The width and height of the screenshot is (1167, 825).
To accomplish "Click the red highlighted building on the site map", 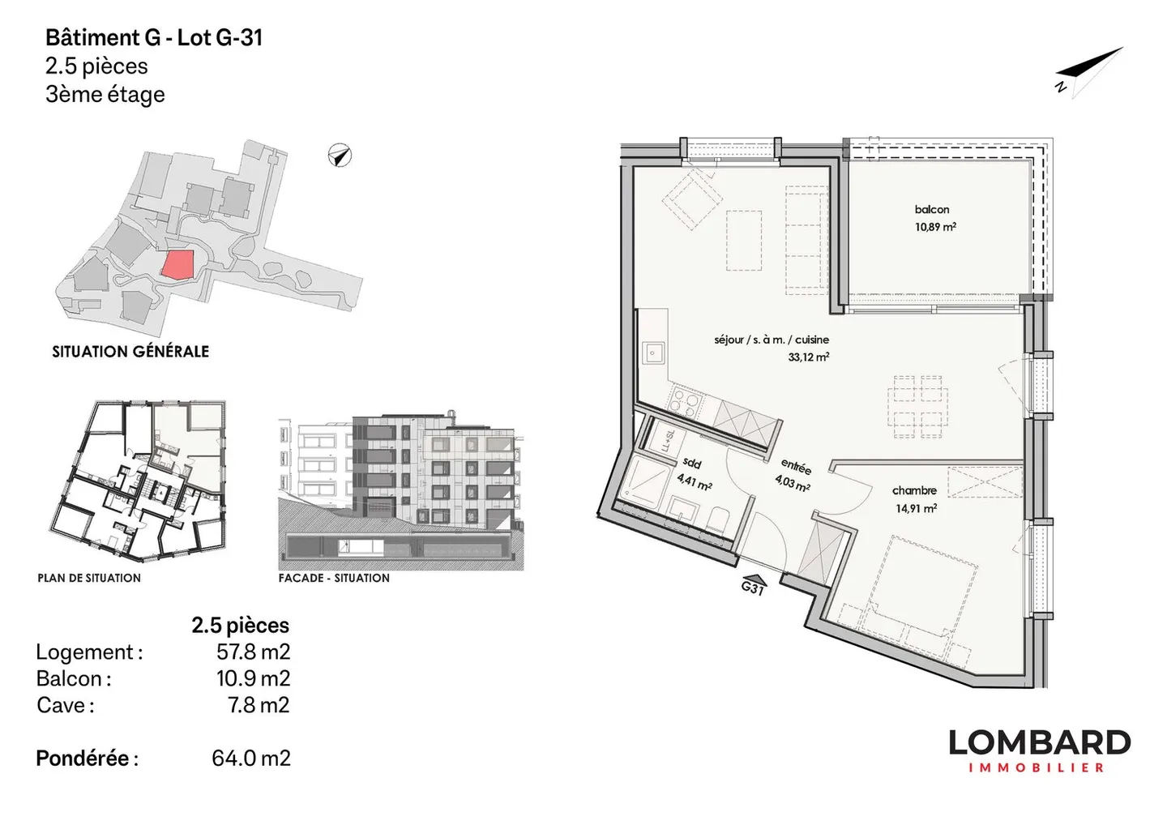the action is [x=177, y=264].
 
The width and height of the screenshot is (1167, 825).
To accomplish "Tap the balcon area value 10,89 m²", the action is [x=935, y=227].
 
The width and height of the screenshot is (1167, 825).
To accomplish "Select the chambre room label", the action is [x=914, y=490].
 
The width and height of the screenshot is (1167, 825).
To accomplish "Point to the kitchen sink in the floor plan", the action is [x=653, y=354].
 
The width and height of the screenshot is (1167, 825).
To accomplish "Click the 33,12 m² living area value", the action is [x=809, y=357].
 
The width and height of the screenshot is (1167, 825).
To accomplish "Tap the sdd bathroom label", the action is [x=692, y=463].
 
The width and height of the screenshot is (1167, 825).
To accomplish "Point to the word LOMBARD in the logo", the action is [x=1040, y=742].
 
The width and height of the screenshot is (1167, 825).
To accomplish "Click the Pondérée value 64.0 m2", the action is [x=250, y=758].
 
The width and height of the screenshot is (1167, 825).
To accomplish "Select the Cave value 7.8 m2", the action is [x=259, y=705].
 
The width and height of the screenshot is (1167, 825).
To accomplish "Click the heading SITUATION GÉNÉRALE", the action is [x=130, y=352].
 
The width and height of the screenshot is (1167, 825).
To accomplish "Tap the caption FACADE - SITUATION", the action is [x=334, y=578].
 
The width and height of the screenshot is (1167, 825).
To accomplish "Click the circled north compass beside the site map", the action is [x=340, y=156].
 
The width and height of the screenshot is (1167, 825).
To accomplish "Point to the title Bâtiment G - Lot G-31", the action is [x=154, y=37].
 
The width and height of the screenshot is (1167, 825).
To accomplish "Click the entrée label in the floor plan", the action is [x=796, y=467].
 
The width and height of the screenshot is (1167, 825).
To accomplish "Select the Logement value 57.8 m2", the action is [x=253, y=652].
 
